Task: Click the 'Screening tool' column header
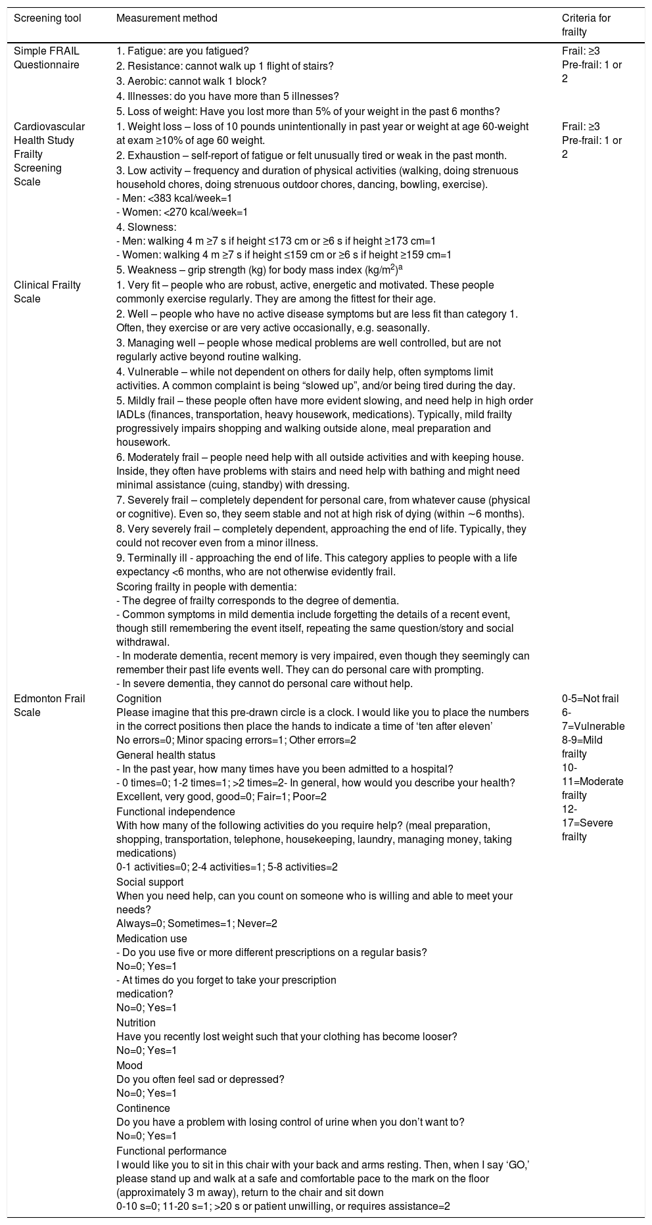point(47,18)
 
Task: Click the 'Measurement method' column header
point(166,18)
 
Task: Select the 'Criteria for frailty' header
point(586,25)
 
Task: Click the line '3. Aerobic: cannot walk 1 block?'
point(191,81)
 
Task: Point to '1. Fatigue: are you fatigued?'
point(183,51)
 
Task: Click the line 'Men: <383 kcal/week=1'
point(174,198)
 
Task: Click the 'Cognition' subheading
point(139,698)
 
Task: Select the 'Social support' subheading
point(150,882)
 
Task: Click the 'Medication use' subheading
point(152,938)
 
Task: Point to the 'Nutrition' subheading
point(136,1022)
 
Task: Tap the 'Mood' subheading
point(129,1065)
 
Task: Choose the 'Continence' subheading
point(143,1108)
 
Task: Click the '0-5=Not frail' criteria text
point(590,698)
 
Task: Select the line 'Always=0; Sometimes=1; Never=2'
point(197,924)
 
